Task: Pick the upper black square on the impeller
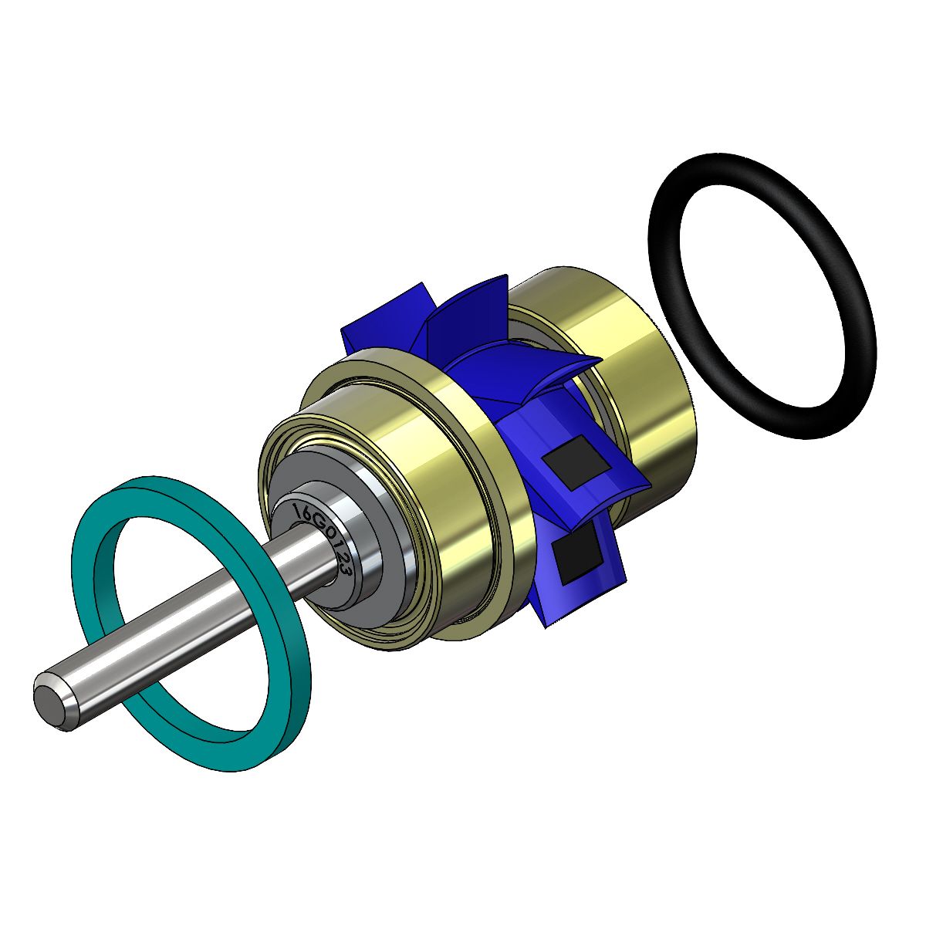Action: (x=576, y=462)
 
